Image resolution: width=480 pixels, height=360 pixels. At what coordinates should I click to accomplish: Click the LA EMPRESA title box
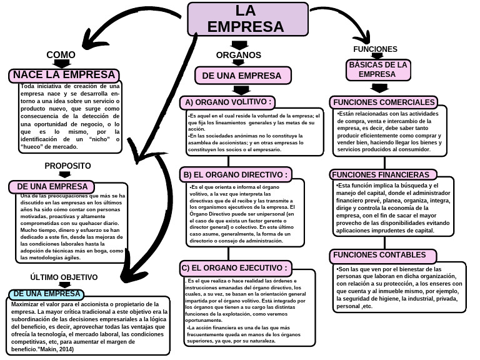[x=247, y=19]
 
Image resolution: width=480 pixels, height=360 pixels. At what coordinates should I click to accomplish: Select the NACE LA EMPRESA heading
[x=64, y=75]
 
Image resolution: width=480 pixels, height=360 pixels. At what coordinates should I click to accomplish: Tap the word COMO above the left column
[x=61, y=55]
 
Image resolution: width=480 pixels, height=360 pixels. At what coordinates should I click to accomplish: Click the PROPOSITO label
[x=67, y=166]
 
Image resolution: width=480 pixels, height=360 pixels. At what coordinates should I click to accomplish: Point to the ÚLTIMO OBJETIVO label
[x=64, y=277]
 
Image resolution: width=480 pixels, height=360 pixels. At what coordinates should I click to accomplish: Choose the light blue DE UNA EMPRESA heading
[x=46, y=294]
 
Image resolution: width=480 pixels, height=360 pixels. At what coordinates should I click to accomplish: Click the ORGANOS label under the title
[x=239, y=55]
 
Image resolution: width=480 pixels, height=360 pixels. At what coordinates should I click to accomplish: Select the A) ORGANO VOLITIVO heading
[x=227, y=102]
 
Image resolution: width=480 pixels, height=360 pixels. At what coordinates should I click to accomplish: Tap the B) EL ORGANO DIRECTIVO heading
[x=236, y=174]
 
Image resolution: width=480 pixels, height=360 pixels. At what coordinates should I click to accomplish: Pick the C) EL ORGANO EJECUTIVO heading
[x=236, y=268]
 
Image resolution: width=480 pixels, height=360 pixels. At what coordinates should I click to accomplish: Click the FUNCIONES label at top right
[x=375, y=49]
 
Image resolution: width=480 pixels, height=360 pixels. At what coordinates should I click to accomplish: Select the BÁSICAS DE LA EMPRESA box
[x=378, y=70]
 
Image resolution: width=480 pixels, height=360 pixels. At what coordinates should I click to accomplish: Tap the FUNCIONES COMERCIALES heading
[x=384, y=102]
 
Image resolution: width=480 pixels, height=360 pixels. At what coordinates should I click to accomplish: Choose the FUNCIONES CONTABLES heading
[x=383, y=255]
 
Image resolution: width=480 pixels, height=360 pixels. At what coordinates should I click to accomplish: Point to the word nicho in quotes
[x=99, y=139]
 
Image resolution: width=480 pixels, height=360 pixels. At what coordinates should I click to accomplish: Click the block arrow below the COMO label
[x=61, y=63]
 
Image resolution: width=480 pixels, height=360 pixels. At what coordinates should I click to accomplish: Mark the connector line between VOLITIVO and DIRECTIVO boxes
[x=228, y=161]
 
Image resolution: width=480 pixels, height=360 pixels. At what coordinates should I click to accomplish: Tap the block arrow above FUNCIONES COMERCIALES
[x=379, y=88]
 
